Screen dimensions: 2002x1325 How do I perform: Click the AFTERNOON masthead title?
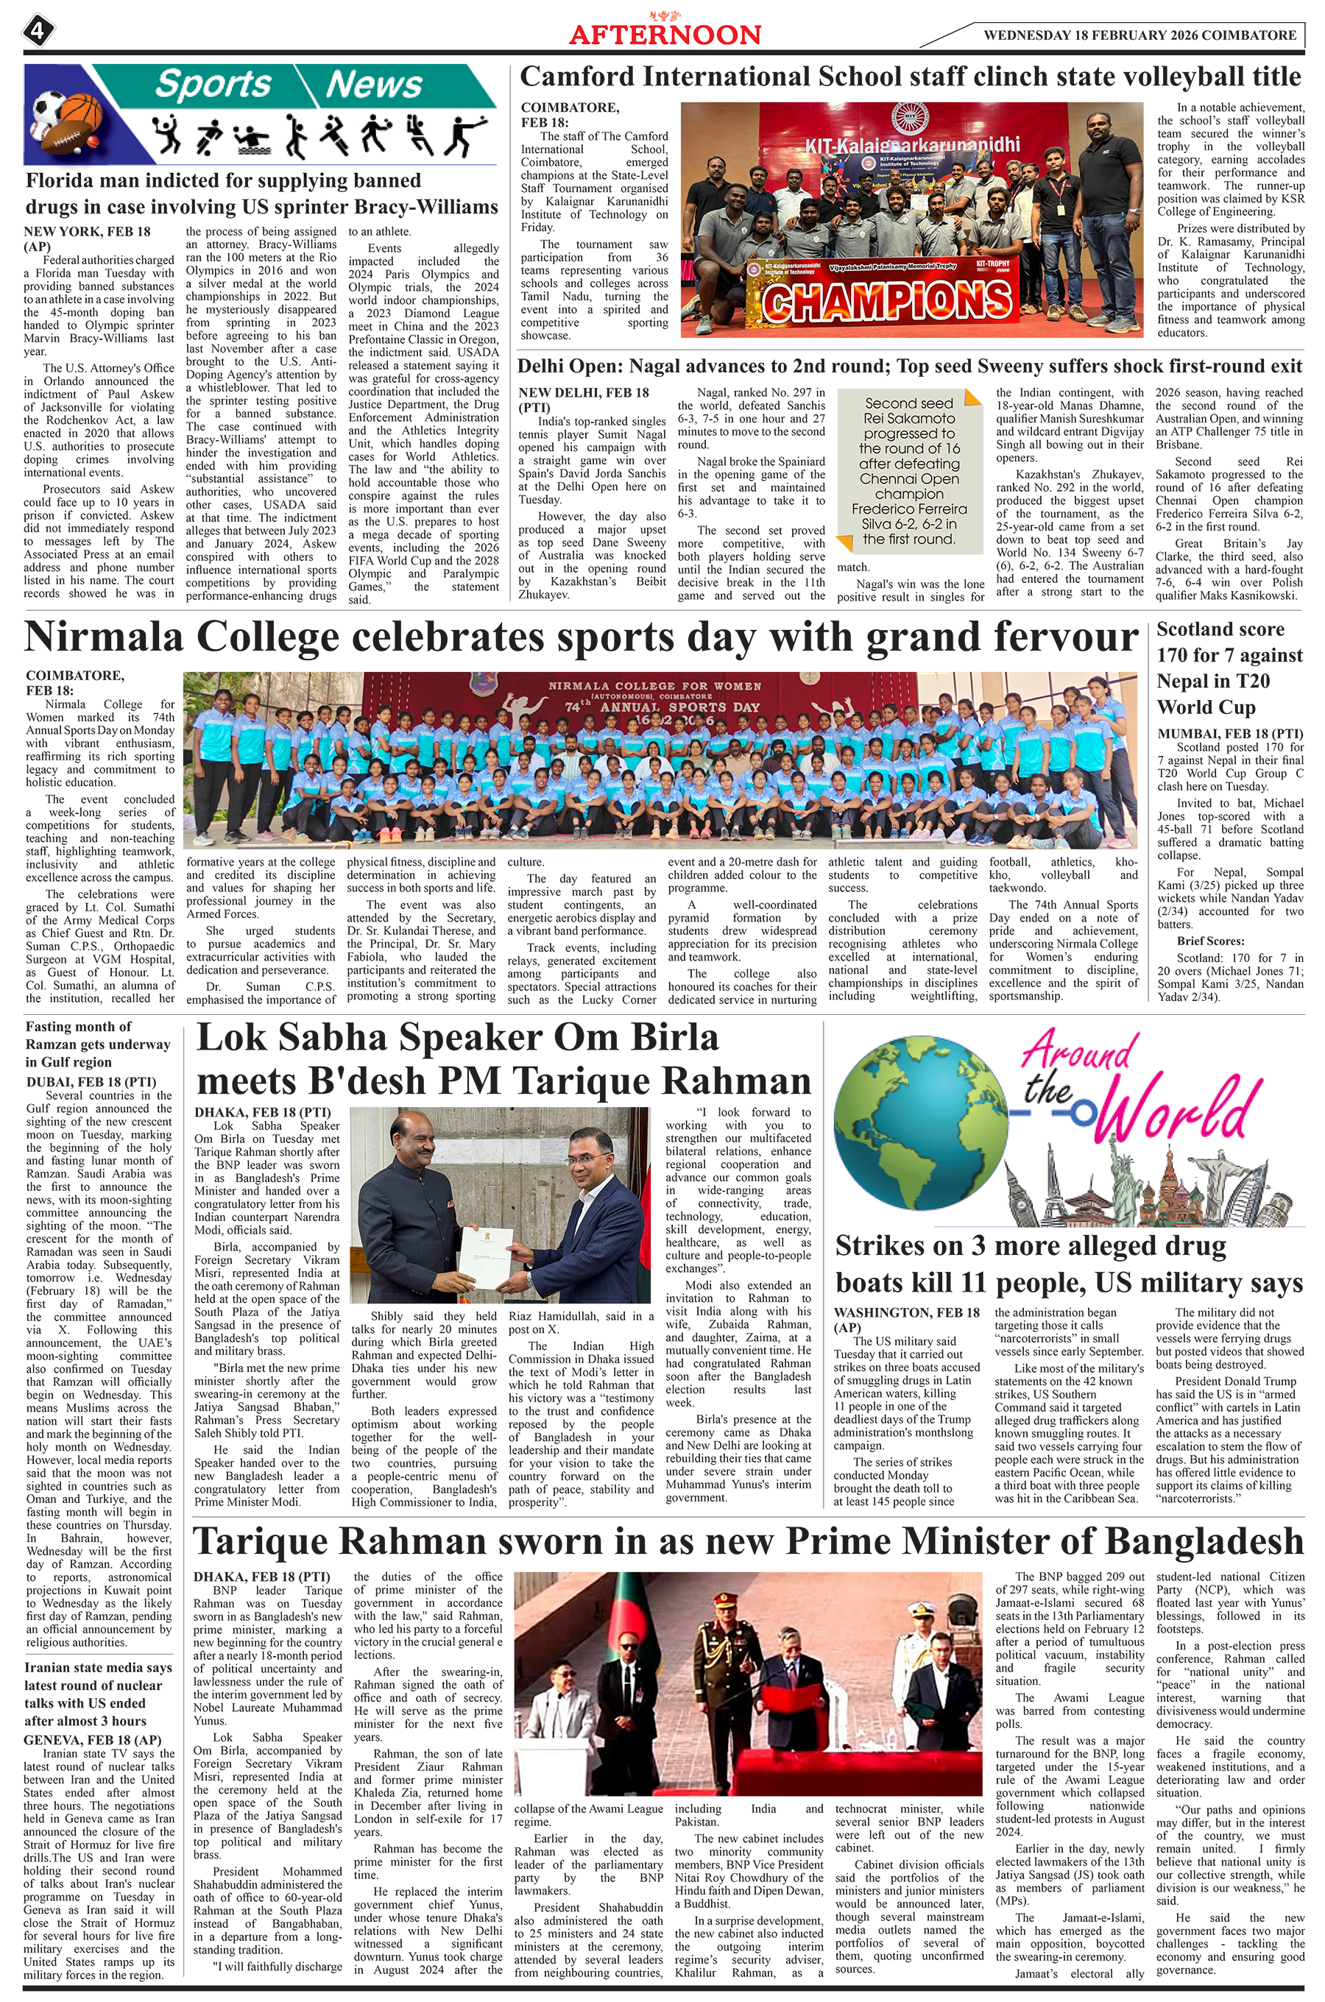tap(665, 34)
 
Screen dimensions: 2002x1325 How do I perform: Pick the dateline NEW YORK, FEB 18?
tap(87, 231)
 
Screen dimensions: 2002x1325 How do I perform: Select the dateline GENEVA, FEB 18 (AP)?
tap(92, 1740)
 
